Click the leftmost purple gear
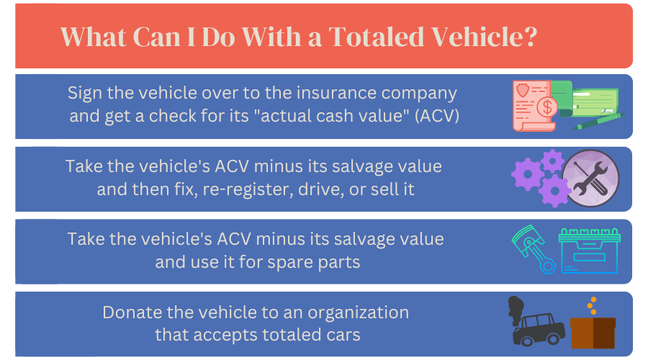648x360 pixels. coord(525,174)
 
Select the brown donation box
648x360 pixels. coord(593,332)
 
